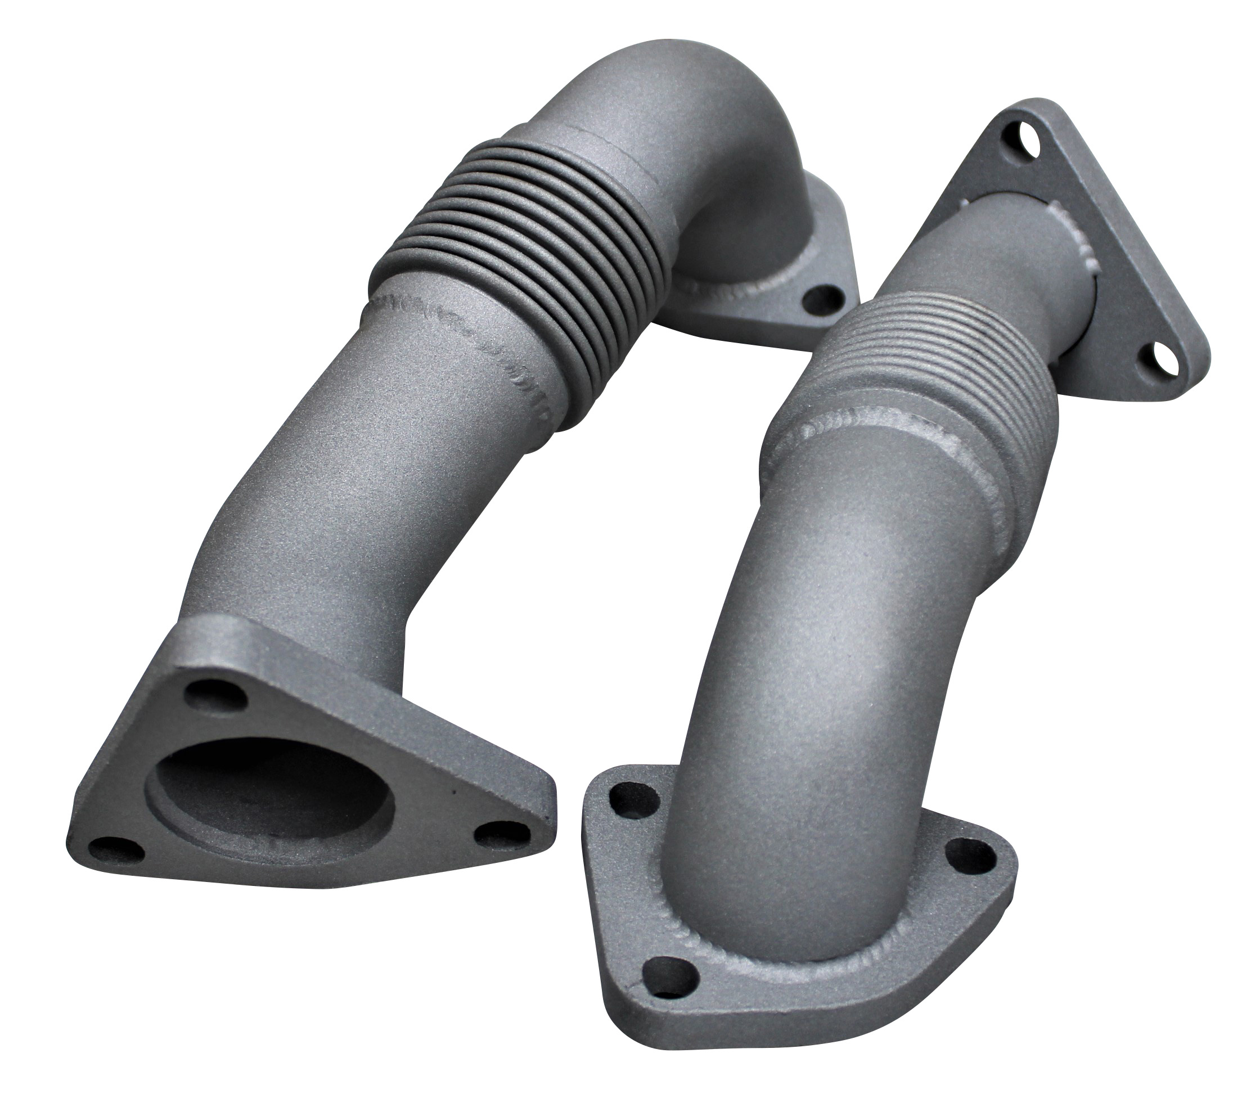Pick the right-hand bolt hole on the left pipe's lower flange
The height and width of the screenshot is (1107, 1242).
494,834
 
